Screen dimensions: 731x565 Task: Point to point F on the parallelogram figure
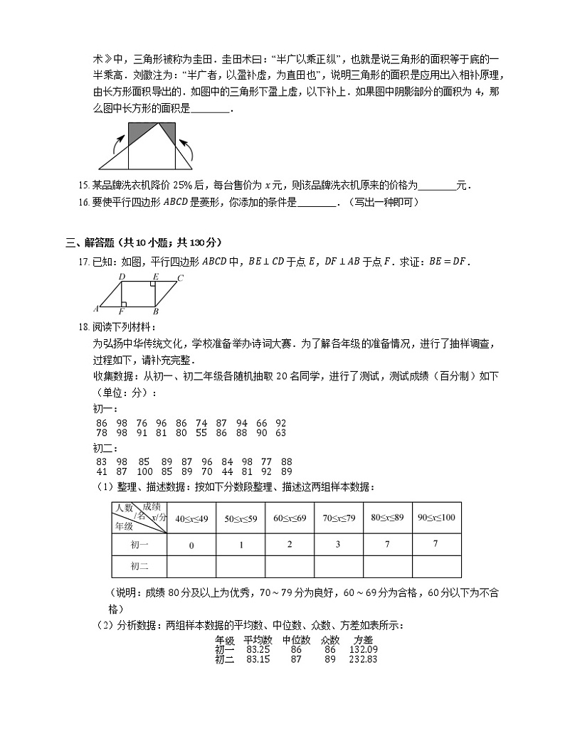pyautogui.click(x=122, y=311)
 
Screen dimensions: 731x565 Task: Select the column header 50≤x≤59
pyautogui.click(x=240, y=518)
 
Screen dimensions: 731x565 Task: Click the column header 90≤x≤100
pyautogui.click(x=436, y=518)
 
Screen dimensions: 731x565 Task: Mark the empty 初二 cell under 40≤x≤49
pyautogui.click(x=191, y=566)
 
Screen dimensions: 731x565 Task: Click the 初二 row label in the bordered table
pyautogui.click(x=139, y=566)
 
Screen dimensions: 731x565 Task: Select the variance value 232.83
pyautogui.click(x=364, y=659)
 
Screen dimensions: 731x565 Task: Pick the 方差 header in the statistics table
pyautogui.click(x=364, y=639)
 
